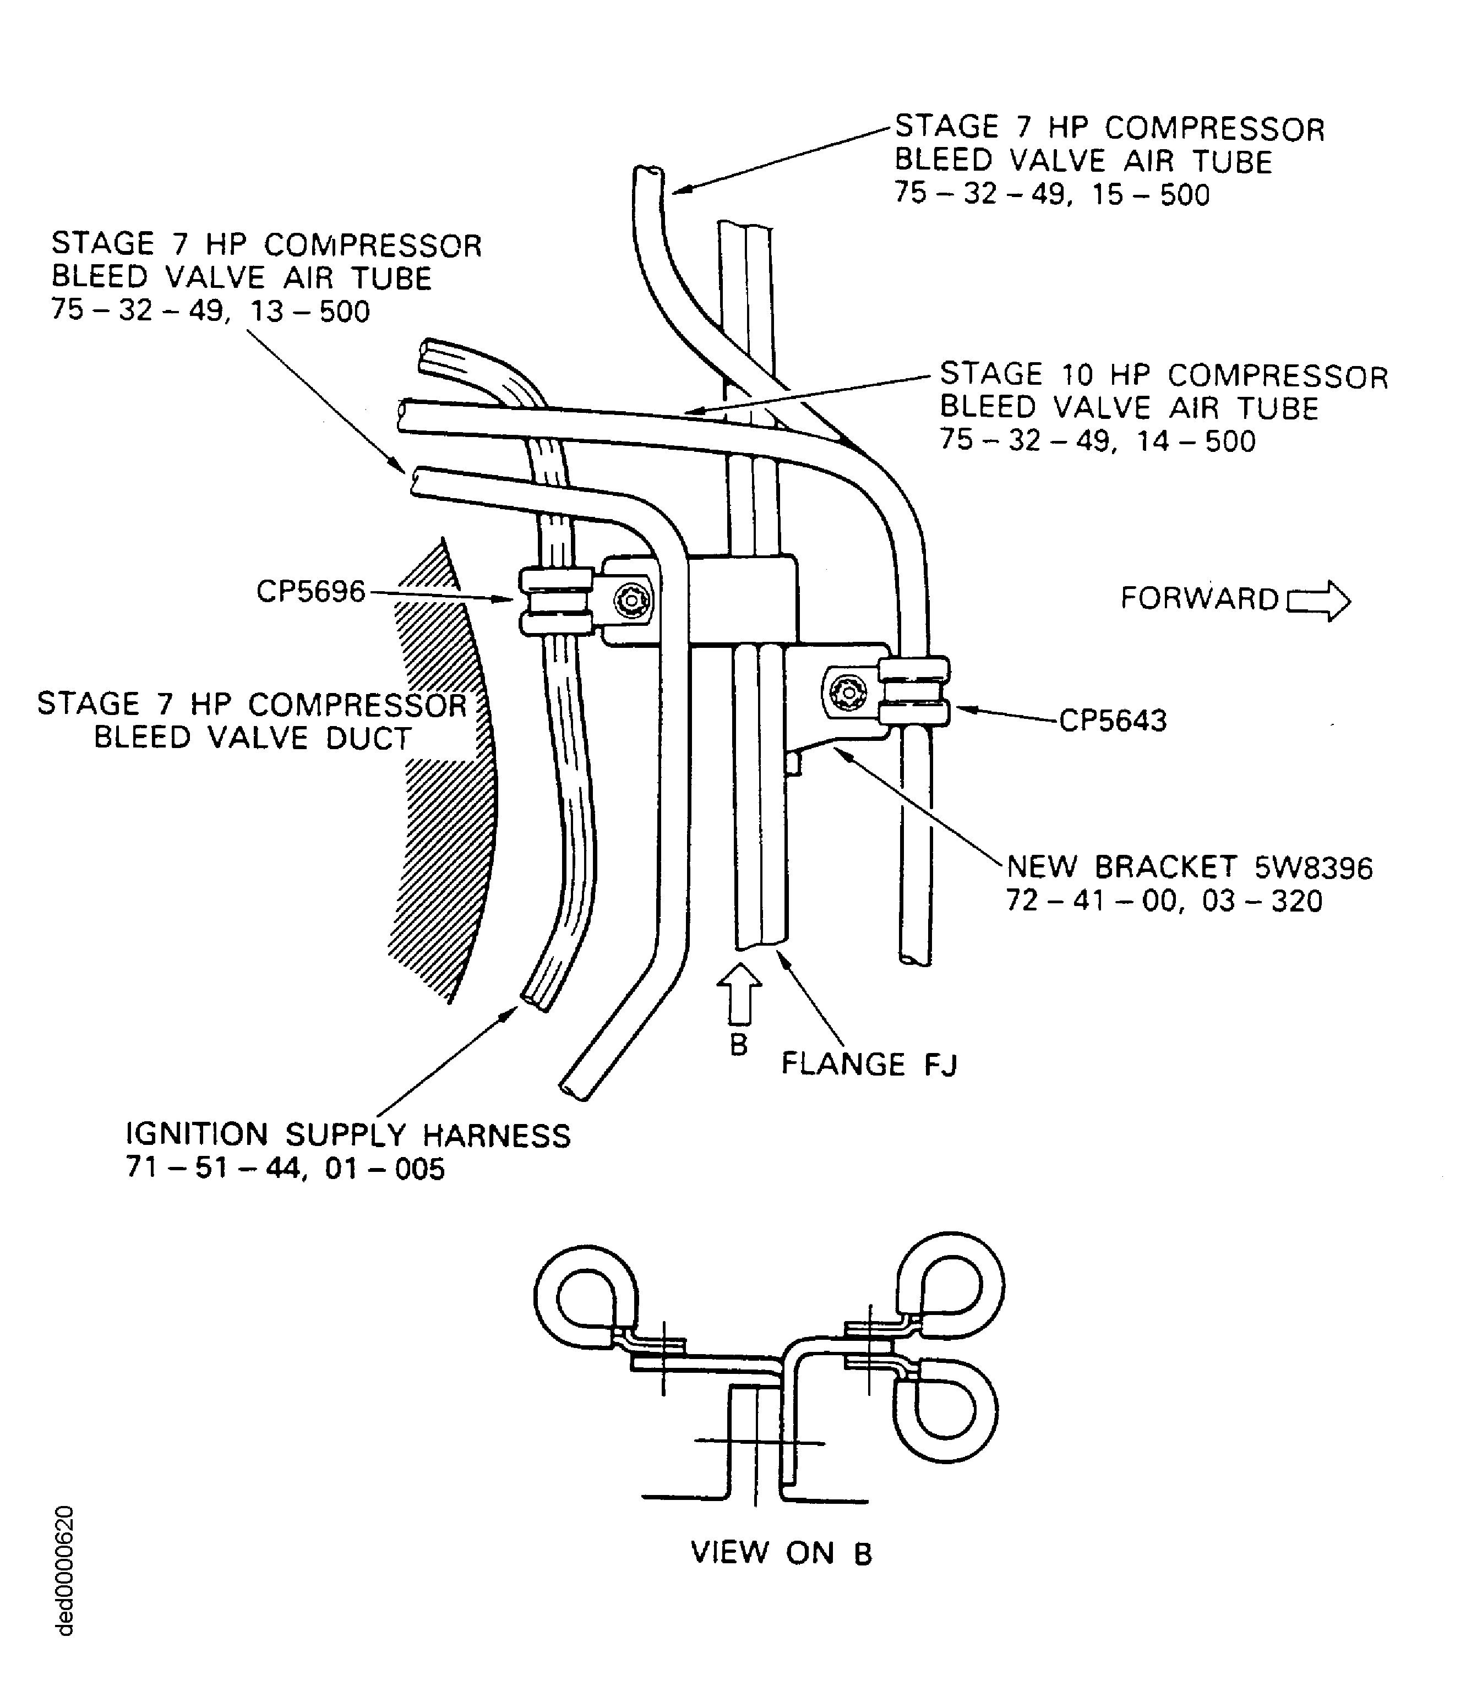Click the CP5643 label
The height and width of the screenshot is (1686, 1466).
click(x=1113, y=721)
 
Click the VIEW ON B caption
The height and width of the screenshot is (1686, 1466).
click(x=782, y=1552)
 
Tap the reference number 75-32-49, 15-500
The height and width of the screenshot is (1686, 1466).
click(x=1052, y=195)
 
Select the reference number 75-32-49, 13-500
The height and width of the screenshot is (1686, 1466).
click(x=210, y=312)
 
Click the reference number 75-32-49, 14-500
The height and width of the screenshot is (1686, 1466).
click(x=1098, y=441)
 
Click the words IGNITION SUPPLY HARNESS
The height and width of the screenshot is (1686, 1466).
click(x=348, y=1134)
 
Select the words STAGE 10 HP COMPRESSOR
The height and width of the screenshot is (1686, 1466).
click(x=1164, y=375)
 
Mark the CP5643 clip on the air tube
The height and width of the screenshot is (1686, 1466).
click(x=914, y=691)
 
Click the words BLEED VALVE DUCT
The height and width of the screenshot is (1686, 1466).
click(x=252, y=738)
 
